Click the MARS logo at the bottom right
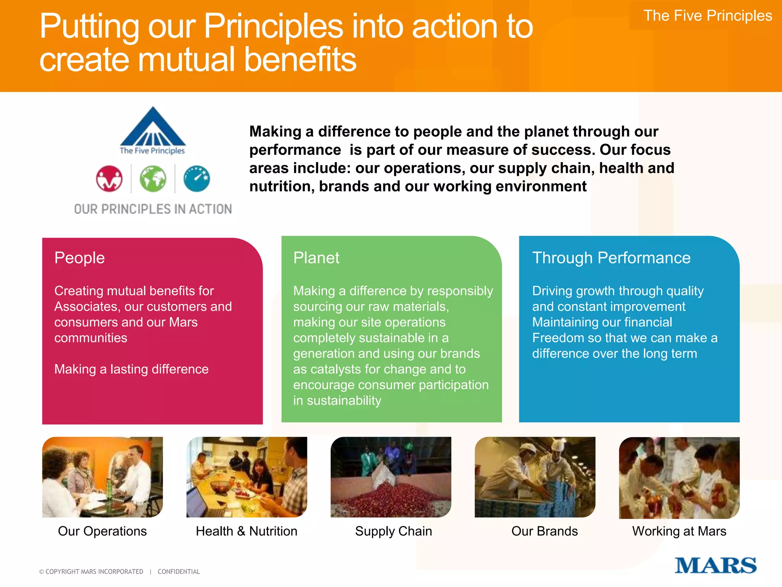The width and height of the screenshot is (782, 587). pos(715,565)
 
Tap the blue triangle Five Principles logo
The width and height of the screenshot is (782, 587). pos(153,128)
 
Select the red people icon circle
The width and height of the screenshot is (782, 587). pos(109,178)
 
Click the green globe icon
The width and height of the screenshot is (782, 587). pos(153,178)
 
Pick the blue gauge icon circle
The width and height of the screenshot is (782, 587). pos(197,178)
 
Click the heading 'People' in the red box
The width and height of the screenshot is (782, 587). pos(79,258)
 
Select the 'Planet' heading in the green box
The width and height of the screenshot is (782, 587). pos(316,258)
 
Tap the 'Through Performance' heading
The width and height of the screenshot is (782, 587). pos(611,258)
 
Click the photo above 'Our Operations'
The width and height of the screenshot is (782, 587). pos(102,477)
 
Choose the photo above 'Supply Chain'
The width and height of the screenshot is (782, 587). pos(391,477)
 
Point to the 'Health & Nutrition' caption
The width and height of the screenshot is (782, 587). pos(246,531)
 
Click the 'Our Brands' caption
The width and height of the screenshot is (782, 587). pos(544,531)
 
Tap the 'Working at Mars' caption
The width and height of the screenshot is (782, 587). pos(679,531)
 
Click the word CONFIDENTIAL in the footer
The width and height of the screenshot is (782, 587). pos(179,572)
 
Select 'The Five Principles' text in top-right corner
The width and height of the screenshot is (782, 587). pos(708,16)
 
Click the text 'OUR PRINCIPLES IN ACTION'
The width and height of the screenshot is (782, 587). pos(153,209)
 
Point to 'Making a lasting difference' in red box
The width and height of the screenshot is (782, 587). pos(131,369)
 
